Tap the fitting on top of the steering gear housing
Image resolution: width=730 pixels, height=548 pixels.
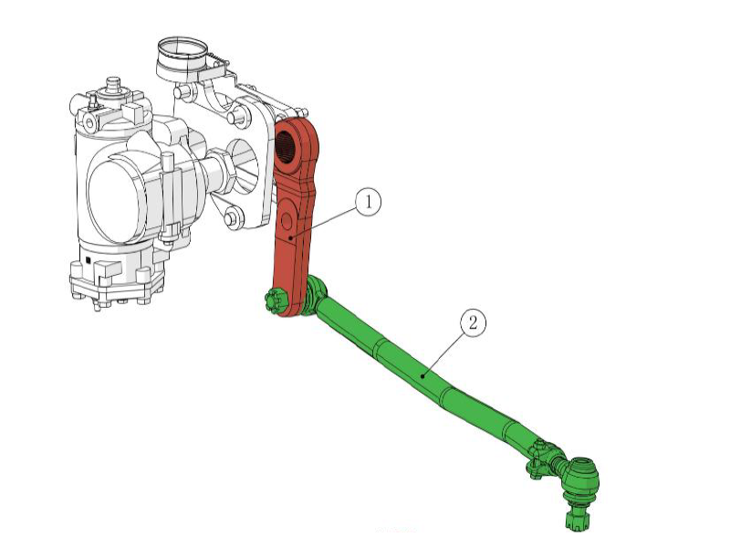pyautogui.click(x=114, y=88)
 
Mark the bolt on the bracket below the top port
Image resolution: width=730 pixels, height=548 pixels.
pyautogui.click(x=238, y=116)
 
